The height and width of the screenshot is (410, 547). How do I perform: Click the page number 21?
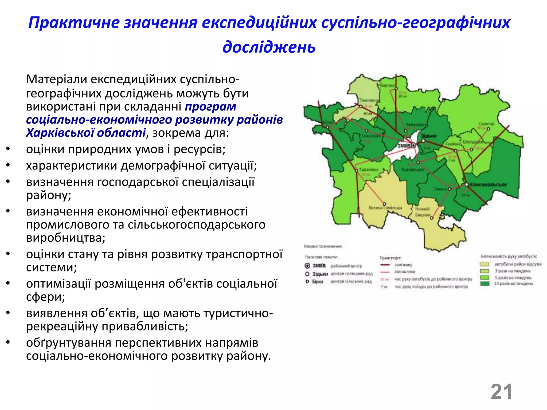501,392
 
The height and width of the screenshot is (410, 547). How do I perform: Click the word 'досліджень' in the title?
269,47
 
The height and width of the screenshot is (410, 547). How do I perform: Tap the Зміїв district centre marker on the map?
413,145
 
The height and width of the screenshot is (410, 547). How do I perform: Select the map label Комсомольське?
488,184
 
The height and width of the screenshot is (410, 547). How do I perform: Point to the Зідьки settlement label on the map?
429,136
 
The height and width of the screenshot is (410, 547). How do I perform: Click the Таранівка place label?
369,169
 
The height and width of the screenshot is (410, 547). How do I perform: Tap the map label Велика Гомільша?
385,207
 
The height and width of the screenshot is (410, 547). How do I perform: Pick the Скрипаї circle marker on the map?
488,129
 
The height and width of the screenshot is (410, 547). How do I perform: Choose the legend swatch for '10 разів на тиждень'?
485,283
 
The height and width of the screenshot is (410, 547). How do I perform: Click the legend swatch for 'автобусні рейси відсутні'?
485,264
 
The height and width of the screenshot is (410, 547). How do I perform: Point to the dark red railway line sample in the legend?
385,265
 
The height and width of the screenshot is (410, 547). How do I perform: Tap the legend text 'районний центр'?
346,266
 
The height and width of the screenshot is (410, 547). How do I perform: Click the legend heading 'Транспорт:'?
390,258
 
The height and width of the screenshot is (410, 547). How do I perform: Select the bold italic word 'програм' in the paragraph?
210,107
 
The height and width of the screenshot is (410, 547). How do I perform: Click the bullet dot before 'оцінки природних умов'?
8,149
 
